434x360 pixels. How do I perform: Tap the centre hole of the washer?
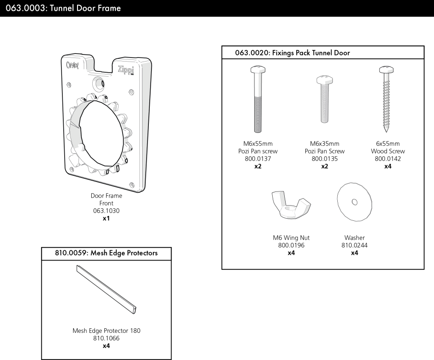click(x=355, y=202)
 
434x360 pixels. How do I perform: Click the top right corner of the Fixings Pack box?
click(x=424, y=46)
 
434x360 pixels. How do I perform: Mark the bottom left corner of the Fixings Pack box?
click(x=222, y=269)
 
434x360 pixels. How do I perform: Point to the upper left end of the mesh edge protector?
click(x=78, y=267)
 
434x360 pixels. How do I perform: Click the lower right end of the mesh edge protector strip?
click(x=135, y=310)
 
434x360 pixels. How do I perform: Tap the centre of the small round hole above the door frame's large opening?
click(x=99, y=83)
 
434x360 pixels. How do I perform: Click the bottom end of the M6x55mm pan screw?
click(x=258, y=132)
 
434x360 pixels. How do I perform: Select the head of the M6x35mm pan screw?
click(x=325, y=80)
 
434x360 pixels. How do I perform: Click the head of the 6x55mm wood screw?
click(x=387, y=70)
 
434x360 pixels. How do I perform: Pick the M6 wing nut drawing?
click(x=291, y=204)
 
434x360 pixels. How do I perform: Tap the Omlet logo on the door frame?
click(x=73, y=65)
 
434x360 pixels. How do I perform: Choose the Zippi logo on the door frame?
click(x=126, y=70)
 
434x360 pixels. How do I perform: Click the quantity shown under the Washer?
click(x=354, y=253)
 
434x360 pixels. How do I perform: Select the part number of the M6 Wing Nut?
click(x=291, y=245)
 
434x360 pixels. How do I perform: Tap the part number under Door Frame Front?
click(x=106, y=211)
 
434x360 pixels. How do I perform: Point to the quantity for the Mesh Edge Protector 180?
click(x=106, y=346)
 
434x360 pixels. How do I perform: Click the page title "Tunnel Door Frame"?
click(x=85, y=8)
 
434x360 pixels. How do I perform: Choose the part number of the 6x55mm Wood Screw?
click(x=388, y=159)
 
